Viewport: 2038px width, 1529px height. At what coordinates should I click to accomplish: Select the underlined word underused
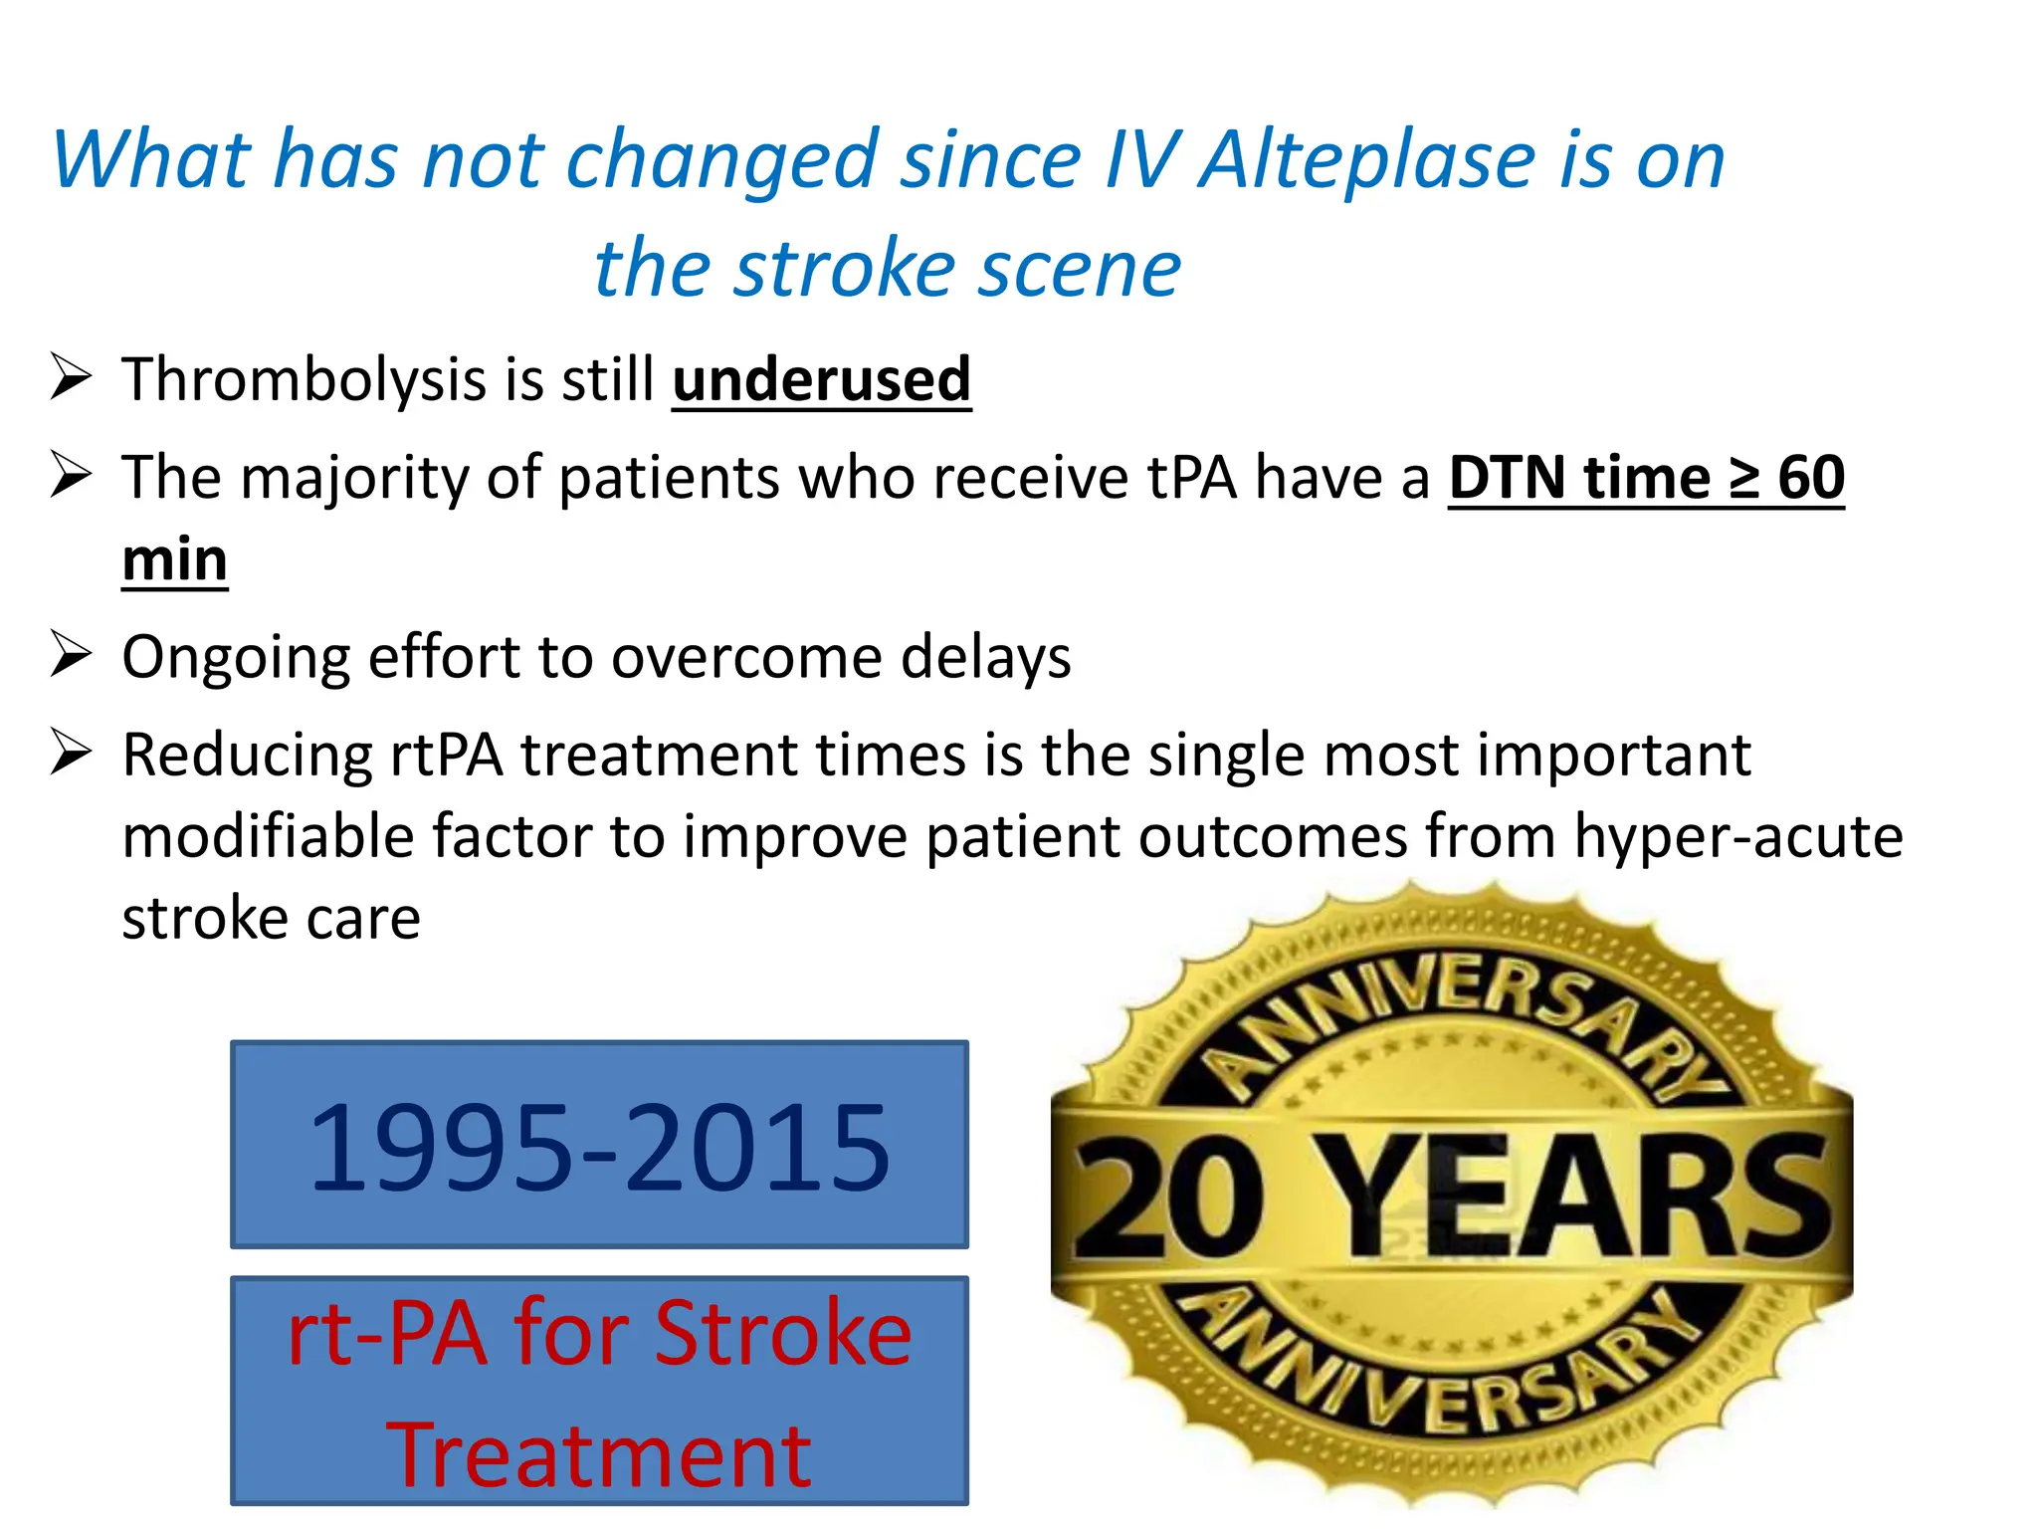(821, 380)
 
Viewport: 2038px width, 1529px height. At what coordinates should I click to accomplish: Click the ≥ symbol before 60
(1742, 478)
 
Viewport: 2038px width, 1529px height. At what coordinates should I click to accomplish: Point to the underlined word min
(174, 559)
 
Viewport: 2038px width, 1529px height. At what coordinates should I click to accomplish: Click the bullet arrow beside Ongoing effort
(71, 655)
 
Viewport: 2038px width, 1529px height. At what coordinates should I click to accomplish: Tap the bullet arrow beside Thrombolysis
(71, 378)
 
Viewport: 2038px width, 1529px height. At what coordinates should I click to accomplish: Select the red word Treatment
(599, 1455)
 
